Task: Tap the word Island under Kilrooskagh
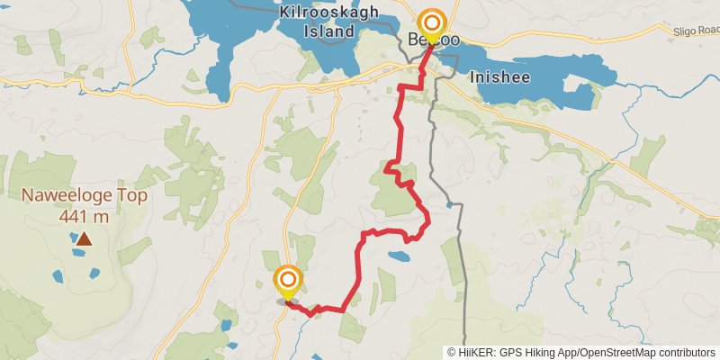328,31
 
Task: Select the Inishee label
499,76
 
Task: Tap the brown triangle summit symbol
84,239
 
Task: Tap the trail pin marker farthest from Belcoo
288,282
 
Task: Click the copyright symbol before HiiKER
453,352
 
